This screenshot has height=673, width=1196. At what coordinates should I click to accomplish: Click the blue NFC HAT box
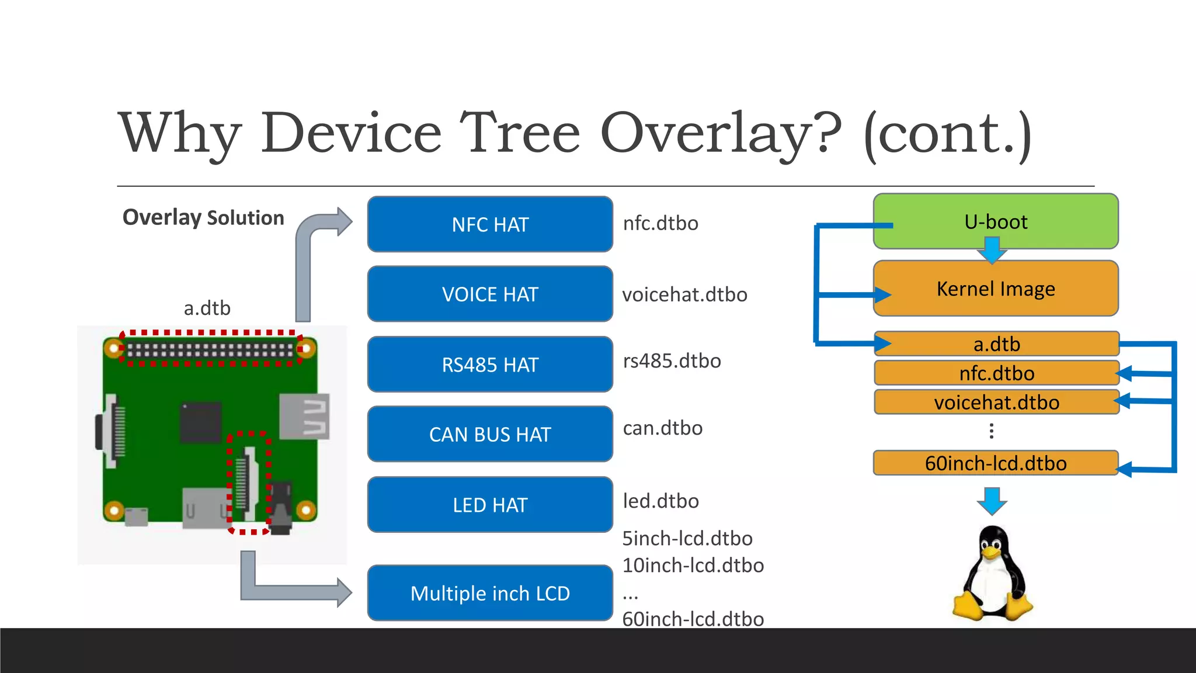coord(489,224)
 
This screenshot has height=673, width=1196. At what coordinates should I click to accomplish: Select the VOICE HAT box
coord(489,294)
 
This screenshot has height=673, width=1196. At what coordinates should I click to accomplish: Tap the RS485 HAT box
coord(489,365)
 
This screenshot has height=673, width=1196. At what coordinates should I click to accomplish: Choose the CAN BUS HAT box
coord(489,434)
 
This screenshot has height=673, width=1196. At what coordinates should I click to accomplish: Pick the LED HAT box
coord(489,505)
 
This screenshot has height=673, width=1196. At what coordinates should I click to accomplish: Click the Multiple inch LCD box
coord(489,593)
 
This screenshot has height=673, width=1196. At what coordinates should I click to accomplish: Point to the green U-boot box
coord(995,221)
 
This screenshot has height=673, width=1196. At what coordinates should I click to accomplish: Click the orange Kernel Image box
coord(995,289)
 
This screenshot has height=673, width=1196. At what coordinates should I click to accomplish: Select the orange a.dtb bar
coord(996,344)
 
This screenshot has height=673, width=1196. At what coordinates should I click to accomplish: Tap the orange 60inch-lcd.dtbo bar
coord(995,463)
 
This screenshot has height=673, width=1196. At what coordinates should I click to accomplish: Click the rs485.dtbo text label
coord(672,361)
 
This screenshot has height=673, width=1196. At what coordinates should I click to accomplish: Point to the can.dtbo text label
coord(662,428)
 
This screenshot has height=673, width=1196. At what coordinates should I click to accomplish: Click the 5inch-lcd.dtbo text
coord(687,538)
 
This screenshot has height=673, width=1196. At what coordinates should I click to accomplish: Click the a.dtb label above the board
coord(207,308)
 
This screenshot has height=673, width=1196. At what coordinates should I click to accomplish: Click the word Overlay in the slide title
coord(720,134)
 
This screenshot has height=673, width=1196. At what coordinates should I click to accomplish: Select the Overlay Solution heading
coord(203,217)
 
